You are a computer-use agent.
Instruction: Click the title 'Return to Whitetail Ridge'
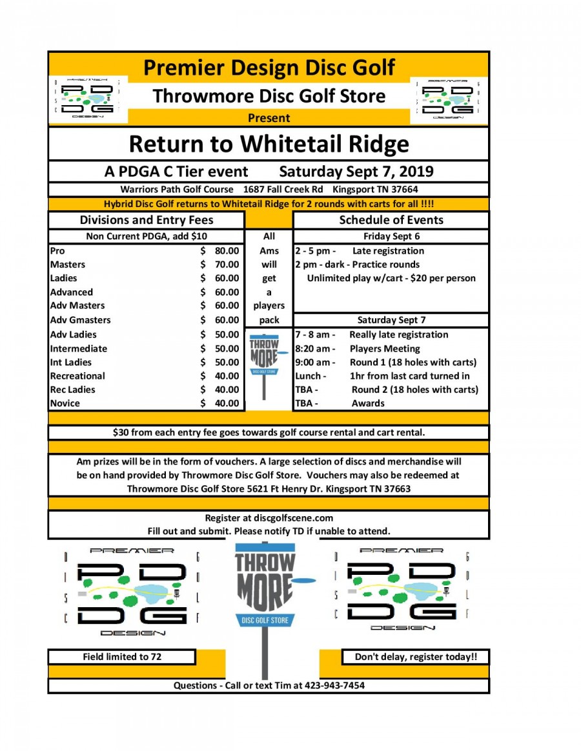(x=269, y=143)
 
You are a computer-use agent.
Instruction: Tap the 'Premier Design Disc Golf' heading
(x=269, y=67)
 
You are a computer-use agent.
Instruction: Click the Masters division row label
(x=68, y=265)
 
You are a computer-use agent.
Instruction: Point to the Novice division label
(x=65, y=403)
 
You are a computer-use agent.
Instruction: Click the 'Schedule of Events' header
(x=391, y=220)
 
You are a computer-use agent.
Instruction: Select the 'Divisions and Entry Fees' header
(x=147, y=220)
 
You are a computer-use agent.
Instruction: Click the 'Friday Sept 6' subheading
(x=391, y=236)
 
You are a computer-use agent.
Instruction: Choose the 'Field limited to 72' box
(x=122, y=657)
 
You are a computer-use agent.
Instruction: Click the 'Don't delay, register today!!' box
(x=416, y=657)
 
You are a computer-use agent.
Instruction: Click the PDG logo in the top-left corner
(x=88, y=100)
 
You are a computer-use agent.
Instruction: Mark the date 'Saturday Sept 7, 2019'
(x=356, y=172)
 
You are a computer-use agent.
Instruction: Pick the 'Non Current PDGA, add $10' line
(x=147, y=236)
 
